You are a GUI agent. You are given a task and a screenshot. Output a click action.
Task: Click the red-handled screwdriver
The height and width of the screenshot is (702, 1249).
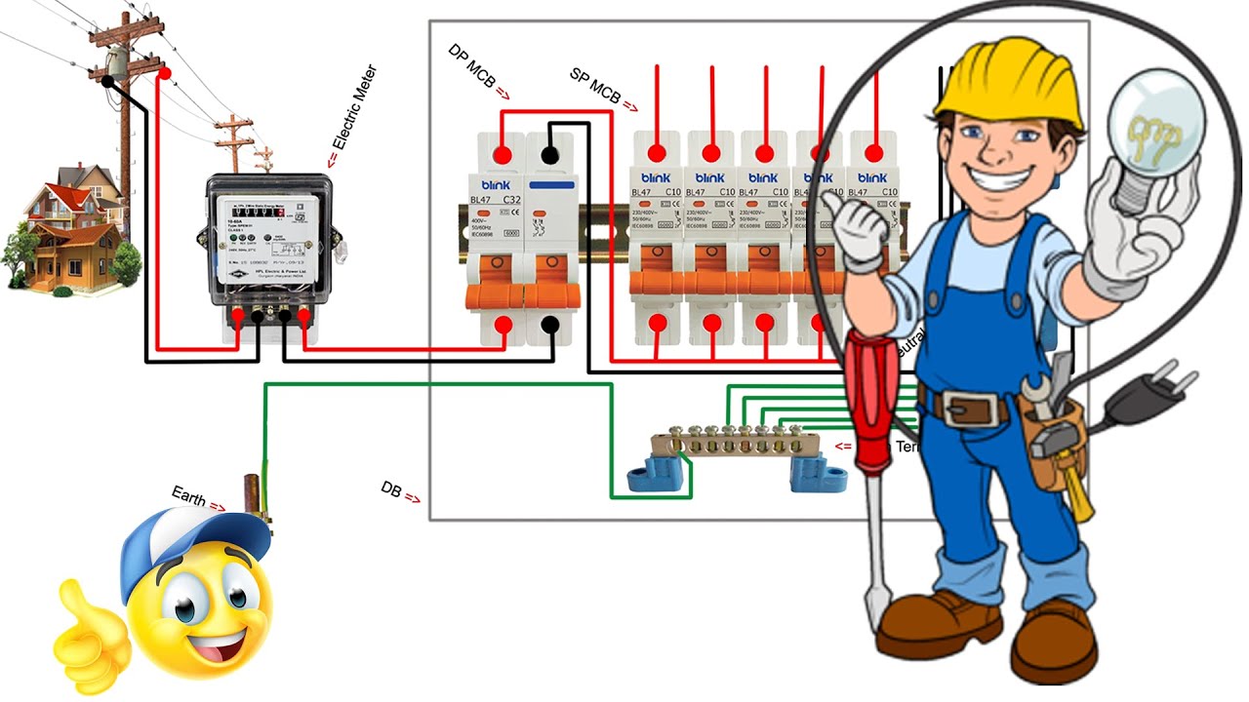point(871,400)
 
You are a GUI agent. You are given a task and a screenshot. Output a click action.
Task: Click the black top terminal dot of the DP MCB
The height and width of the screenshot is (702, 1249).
point(550,154)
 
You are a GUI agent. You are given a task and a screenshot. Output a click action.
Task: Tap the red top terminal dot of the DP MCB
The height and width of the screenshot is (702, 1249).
point(503,154)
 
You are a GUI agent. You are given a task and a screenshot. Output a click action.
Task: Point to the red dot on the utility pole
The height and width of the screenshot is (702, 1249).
point(164,73)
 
